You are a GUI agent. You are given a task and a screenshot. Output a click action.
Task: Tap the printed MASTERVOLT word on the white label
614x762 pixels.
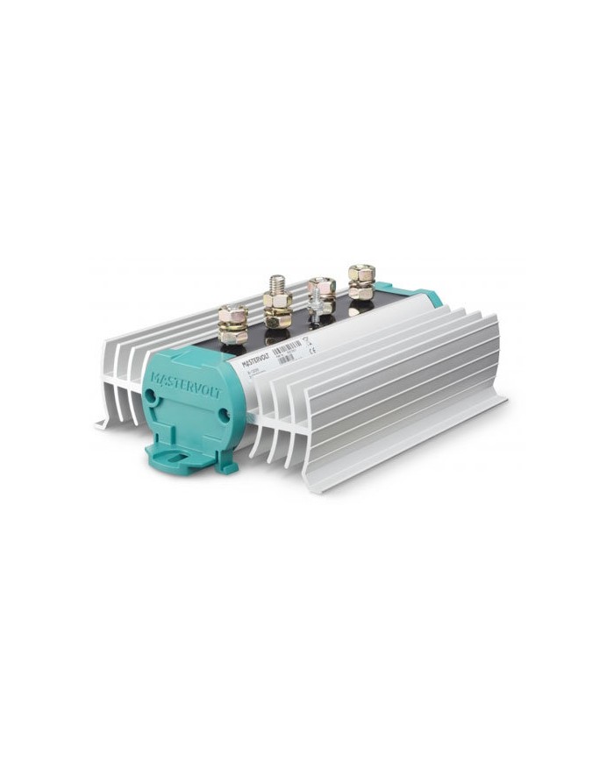click(256, 355)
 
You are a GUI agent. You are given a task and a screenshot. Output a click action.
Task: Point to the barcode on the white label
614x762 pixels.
click(287, 349)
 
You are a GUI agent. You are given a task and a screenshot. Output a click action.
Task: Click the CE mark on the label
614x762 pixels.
click(313, 348)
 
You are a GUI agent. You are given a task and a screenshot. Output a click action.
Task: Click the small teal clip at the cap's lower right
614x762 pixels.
click(227, 467)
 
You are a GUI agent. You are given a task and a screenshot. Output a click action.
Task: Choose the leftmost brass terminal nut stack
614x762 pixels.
click(232, 324)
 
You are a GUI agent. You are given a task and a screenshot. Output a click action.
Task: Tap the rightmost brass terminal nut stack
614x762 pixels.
click(361, 282)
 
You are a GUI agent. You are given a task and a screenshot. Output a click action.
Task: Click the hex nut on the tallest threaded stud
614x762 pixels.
click(277, 302)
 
